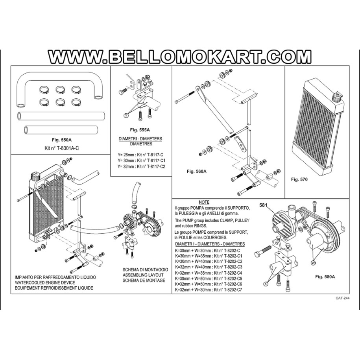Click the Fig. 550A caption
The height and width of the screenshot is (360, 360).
pyautogui.click(x=61, y=140)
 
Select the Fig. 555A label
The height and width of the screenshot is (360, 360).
pyautogui.click(x=140, y=130)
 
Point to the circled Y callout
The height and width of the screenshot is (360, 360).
pyautogui.click(x=126, y=116)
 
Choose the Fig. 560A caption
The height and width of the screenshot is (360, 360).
pyautogui.click(x=197, y=171)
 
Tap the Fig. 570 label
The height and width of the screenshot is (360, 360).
pyautogui.click(x=299, y=179)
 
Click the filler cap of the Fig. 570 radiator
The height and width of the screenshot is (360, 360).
pyautogui.click(x=336, y=97)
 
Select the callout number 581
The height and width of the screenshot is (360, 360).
pyautogui.click(x=263, y=205)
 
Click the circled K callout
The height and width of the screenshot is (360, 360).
pyautogui.click(x=266, y=284)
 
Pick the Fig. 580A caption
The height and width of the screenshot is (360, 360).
pyautogui.click(x=325, y=277)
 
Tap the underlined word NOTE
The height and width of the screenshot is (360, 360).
pyautogui.click(x=204, y=202)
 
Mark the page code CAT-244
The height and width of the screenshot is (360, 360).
pyautogui.click(x=343, y=298)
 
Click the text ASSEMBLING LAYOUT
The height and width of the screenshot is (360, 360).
pyautogui.click(x=143, y=275)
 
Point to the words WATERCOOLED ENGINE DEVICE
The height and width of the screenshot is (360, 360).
pyautogui.click(x=45, y=282)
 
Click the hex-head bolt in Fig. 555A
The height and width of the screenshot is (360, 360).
pyautogui.click(x=123, y=91)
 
